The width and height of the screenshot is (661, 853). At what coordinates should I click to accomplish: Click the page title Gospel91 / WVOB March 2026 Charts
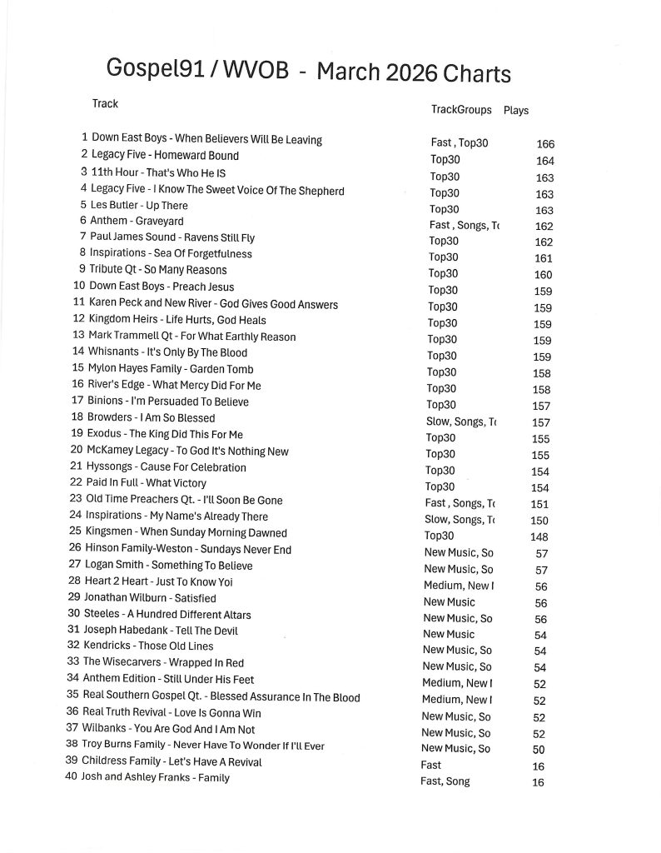309,72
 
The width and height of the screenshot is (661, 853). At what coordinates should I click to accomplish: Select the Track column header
105,104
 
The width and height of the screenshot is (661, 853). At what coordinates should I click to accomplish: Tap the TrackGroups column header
460,110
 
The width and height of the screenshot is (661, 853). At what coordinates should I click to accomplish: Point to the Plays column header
516,110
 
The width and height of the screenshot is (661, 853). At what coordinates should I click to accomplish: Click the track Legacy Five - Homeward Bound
165,156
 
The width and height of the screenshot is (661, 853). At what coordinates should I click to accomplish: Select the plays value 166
545,144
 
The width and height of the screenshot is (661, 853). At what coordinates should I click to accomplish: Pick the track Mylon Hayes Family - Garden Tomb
171,368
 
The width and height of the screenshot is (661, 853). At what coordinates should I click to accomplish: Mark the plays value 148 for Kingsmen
539,536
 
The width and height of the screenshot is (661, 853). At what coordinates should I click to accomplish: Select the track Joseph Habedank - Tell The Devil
149,631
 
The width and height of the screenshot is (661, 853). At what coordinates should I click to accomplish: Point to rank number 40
72,777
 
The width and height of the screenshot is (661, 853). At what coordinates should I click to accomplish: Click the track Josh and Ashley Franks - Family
155,777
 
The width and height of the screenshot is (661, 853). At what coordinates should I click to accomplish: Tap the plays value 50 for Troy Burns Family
539,750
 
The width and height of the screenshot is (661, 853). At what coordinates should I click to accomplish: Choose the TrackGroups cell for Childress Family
431,765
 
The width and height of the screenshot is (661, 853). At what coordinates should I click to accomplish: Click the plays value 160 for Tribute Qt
543,275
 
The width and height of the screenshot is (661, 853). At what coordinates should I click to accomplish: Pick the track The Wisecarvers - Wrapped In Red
163,663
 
